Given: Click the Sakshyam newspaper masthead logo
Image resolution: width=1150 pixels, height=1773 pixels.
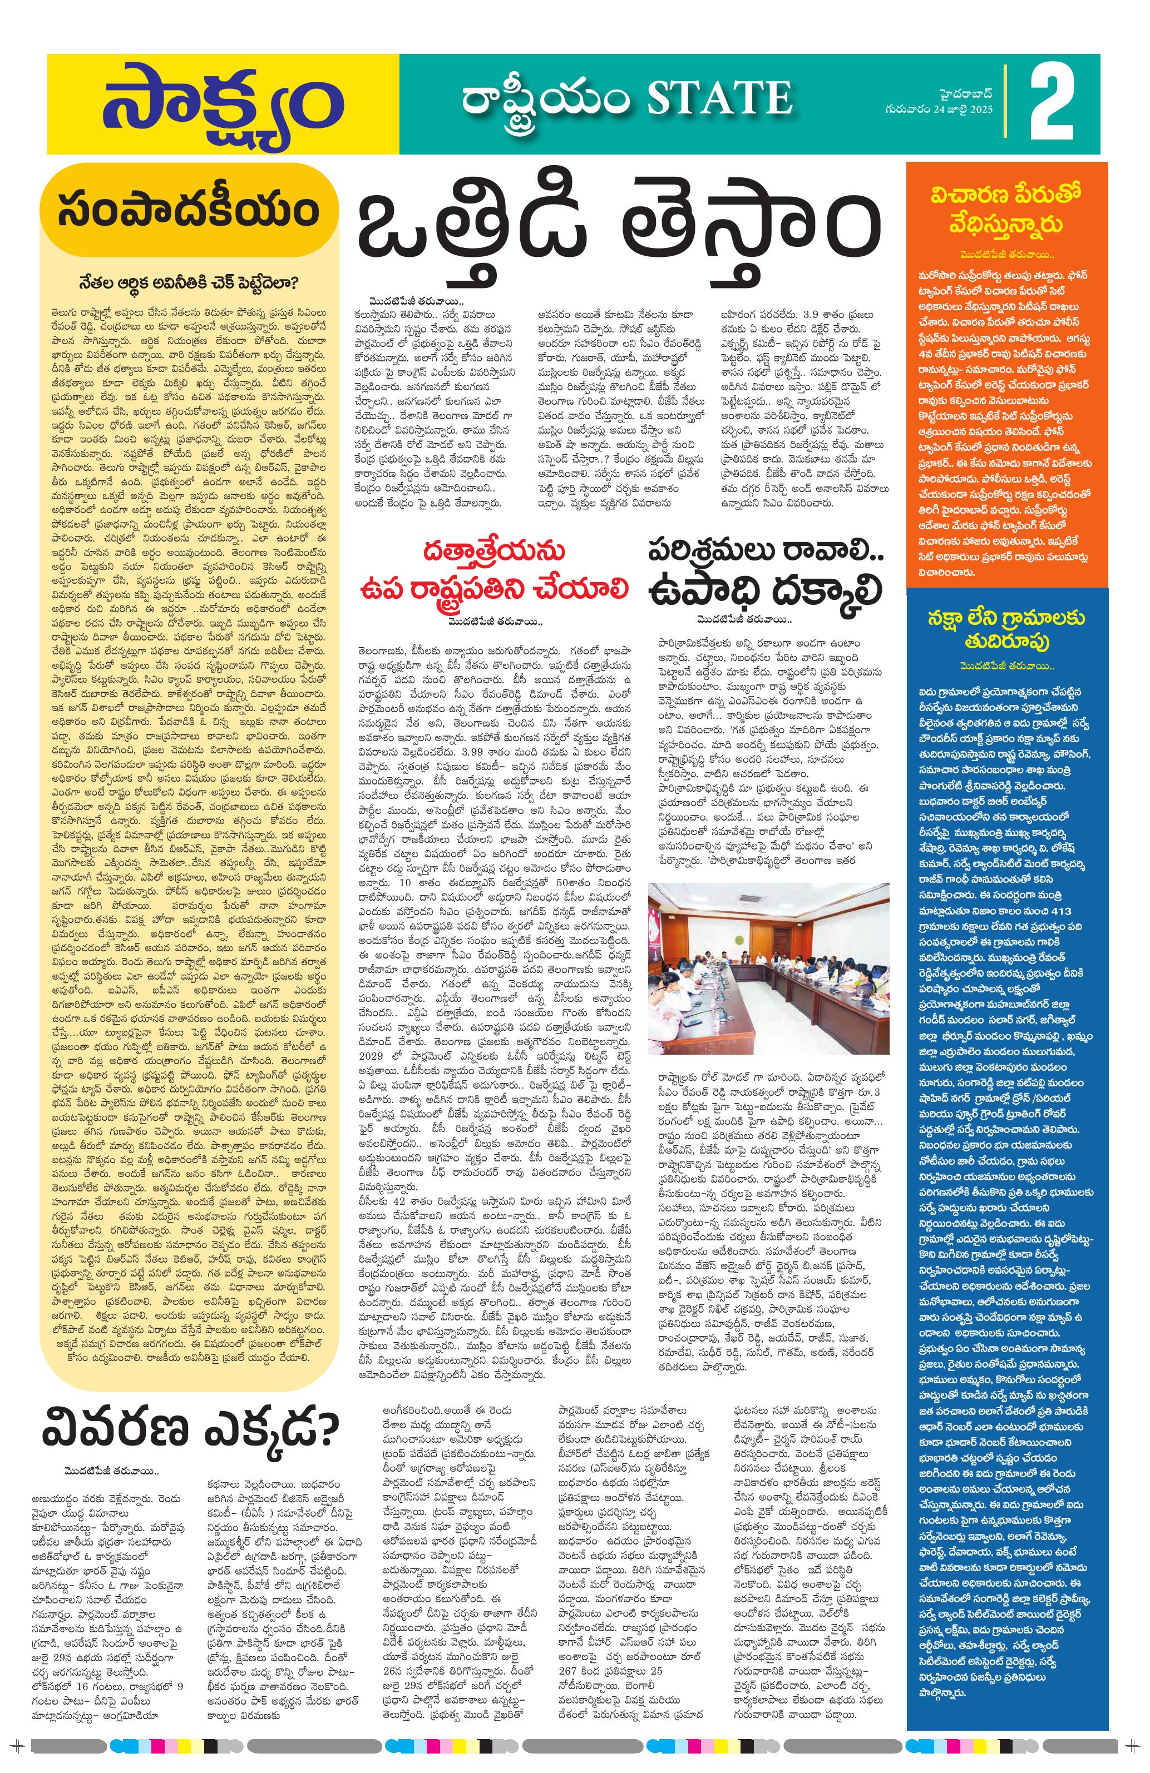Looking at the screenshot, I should click(x=222, y=105).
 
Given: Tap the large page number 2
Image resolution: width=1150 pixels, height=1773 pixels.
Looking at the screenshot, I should click(x=1052, y=105).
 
